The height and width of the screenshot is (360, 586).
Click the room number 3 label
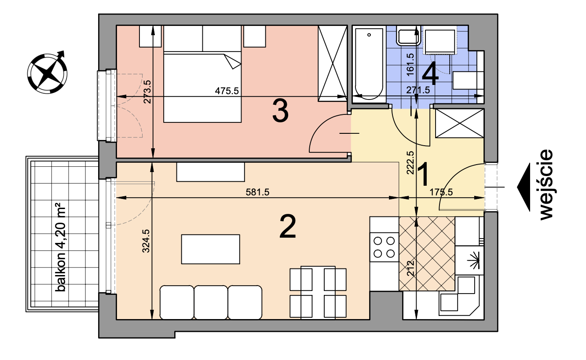(x=280, y=112)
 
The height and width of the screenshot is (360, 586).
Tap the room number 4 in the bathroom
(x=430, y=74)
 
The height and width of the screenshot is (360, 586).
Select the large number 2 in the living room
(x=288, y=227)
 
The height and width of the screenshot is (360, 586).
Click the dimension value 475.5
(x=227, y=91)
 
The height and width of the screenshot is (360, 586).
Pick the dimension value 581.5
(x=257, y=192)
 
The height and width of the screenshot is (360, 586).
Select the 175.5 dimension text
(x=441, y=192)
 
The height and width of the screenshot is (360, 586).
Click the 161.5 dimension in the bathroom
(x=410, y=64)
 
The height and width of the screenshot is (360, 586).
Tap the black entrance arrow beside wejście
(x=524, y=187)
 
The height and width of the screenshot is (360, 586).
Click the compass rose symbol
(x=47, y=73)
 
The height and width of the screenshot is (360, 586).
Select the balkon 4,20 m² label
(x=60, y=247)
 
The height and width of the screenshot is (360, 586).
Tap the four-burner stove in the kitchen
(x=384, y=247)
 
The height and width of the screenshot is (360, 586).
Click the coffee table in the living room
(x=211, y=249)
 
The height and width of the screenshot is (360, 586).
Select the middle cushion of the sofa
(x=211, y=302)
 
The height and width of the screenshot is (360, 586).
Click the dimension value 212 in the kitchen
(x=411, y=268)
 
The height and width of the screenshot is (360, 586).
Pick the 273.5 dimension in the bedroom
(x=147, y=92)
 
